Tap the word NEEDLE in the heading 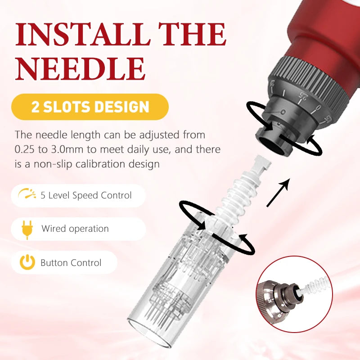point(81,69)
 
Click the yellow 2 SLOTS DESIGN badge point(90,107)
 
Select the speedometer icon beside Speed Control point(27,193)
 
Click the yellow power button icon point(27,262)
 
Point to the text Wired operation point(75,229)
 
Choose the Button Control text point(71,263)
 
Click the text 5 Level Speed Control point(86,195)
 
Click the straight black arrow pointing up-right point(278,193)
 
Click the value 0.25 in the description point(24,149)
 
